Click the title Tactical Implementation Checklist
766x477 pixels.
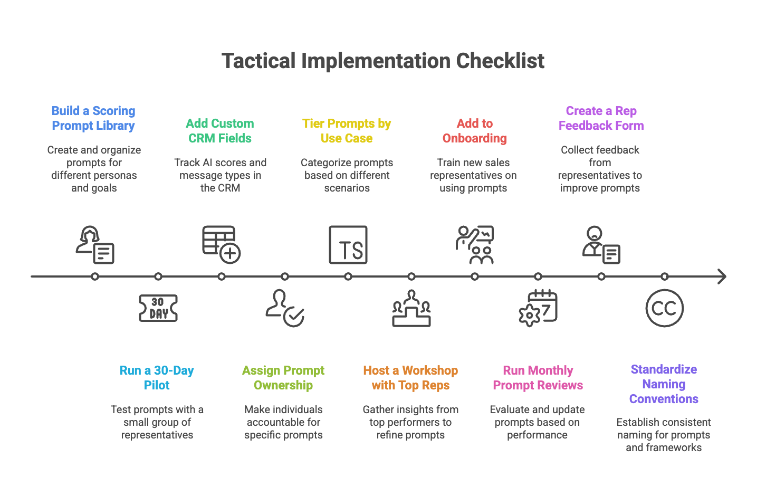pos(382,61)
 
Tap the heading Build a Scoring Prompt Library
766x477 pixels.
pos(93,118)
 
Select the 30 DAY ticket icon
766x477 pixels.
pos(158,308)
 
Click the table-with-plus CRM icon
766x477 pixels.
pos(221,244)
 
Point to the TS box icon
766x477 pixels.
pos(348,245)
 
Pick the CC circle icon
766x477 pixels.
pos(664,308)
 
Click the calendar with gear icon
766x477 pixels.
pos(538,308)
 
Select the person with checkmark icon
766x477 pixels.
pos(284,308)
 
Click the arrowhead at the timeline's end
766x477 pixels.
pos(722,276)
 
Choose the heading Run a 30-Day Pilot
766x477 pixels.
pos(157,378)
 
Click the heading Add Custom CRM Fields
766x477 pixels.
pos(220,131)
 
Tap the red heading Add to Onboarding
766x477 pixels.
pos(474,131)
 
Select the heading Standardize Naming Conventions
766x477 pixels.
pos(664,384)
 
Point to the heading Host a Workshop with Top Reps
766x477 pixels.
pos(410,378)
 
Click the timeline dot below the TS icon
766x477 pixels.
pos(348,276)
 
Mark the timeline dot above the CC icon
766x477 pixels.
pos(665,276)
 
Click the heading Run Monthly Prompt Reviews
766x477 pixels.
pos(538,378)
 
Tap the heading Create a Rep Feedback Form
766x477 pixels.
pos(601,118)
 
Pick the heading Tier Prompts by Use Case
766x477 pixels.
pos(347,131)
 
